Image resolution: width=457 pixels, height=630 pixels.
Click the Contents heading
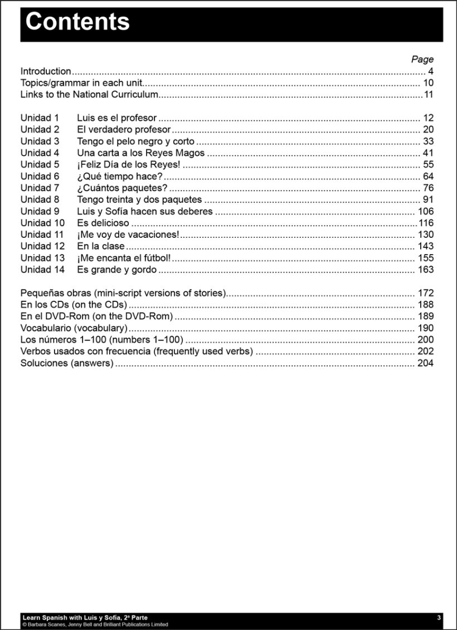point(77,22)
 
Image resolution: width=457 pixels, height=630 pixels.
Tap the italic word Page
point(422,60)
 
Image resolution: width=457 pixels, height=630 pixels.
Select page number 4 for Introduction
point(431,71)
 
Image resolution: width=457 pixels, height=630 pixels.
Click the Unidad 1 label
point(40,118)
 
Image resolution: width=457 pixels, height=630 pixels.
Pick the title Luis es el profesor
point(116,118)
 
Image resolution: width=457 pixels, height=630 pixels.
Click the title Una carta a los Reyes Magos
point(140,153)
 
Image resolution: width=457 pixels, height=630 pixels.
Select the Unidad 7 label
point(40,188)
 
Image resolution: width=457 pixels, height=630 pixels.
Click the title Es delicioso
point(103,223)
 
